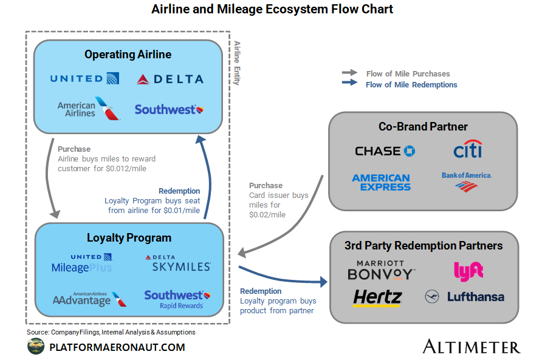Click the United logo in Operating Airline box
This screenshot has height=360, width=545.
click(x=84, y=78)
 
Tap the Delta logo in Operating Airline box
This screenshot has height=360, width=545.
click(x=170, y=79)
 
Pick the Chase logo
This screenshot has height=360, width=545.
click(x=385, y=151)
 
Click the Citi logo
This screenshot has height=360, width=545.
click(x=467, y=150)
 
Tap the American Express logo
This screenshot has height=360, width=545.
click(x=381, y=182)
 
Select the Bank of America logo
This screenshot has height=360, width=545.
click(x=467, y=181)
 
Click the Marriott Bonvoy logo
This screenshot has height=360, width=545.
click(x=381, y=271)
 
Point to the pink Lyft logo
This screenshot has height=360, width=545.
click(x=468, y=271)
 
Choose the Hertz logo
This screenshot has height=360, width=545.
click(x=377, y=297)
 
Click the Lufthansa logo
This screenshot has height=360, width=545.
click(x=465, y=297)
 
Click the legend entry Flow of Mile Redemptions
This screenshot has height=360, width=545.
click(x=411, y=85)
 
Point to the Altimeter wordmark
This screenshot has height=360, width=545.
click(x=471, y=347)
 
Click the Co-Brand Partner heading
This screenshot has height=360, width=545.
click(x=423, y=127)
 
